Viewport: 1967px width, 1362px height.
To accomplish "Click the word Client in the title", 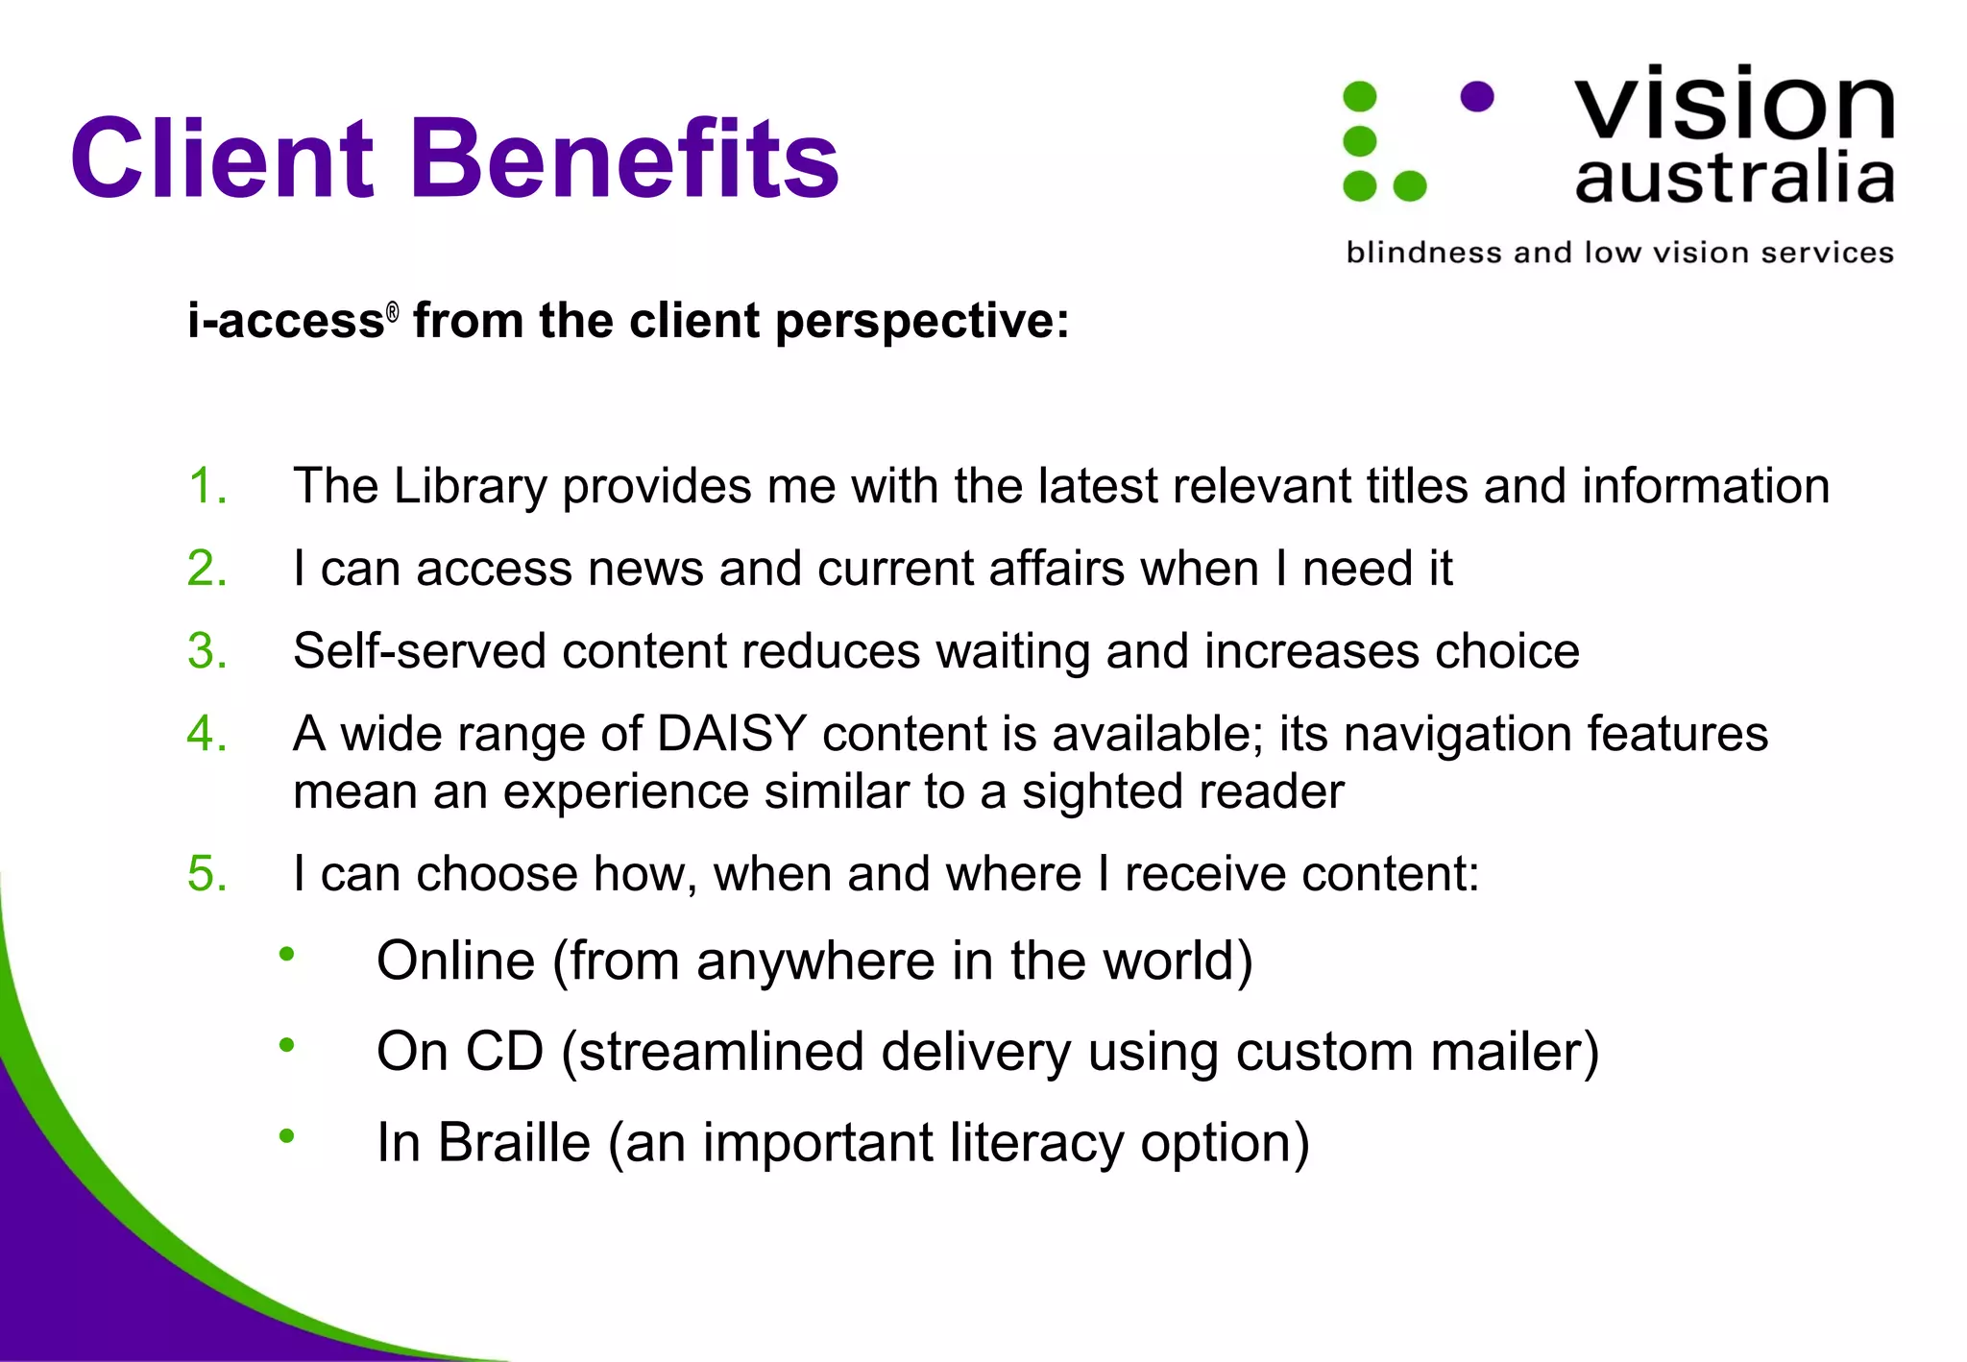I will click(x=221, y=158).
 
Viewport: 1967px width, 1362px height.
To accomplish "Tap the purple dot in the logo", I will click(x=1476, y=96).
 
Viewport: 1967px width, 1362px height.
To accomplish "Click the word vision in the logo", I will click(x=1734, y=104).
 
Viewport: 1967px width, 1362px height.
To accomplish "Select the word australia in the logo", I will click(x=1734, y=180).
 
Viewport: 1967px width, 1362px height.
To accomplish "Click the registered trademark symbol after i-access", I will click(x=392, y=311).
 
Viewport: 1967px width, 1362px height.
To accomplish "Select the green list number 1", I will click(x=207, y=486).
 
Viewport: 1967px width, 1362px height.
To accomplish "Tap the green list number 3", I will click(x=207, y=651).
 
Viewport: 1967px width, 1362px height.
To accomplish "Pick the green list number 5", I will click(x=207, y=874).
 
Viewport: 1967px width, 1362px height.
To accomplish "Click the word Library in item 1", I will click(x=470, y=487).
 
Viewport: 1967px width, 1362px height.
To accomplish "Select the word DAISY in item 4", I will click(x=731, y=734).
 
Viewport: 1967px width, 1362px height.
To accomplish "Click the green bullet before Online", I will click(x=286, y=954).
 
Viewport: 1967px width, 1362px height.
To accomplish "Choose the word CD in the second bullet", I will click(x=504, y=1052).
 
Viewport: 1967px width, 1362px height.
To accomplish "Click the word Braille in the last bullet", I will click(x=514, y=1143).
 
